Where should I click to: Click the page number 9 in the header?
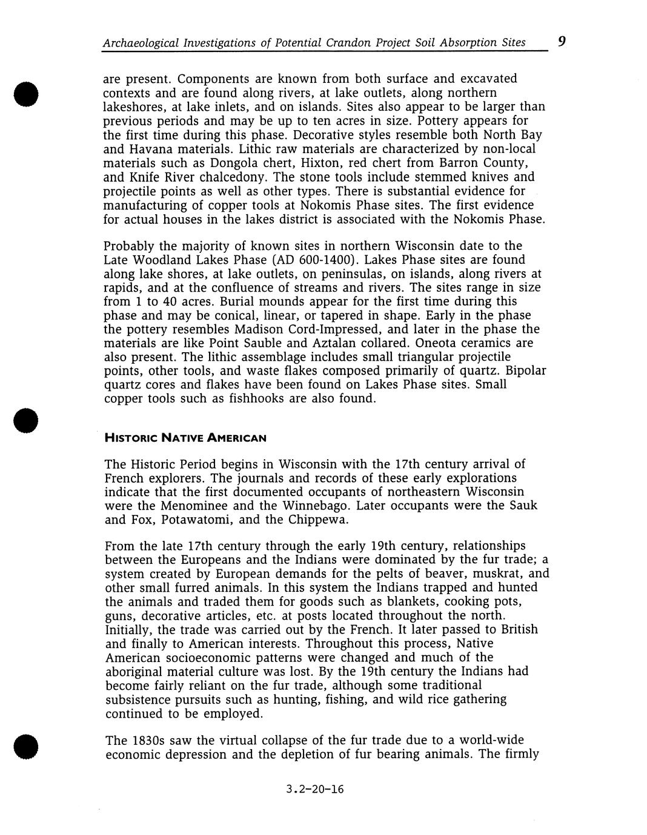coord(562,41)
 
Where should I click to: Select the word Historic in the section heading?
coord(128,437)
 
